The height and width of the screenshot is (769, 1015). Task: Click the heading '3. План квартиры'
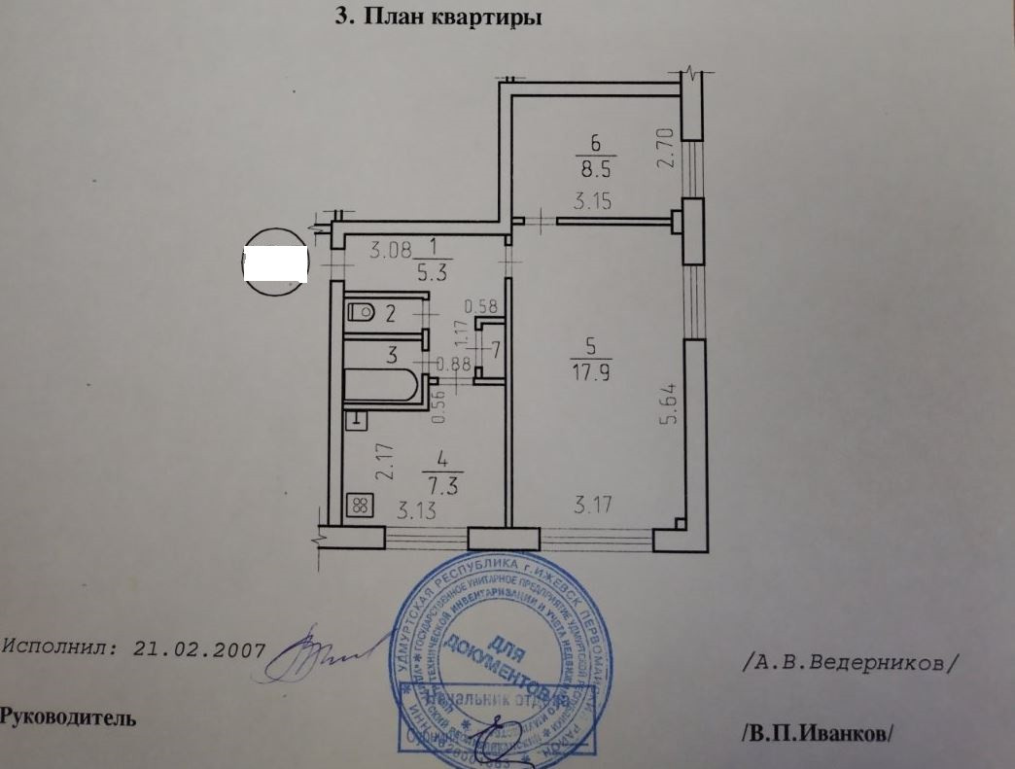click(x=437, y=17)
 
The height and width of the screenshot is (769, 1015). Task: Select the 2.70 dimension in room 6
click(x=666, y=147)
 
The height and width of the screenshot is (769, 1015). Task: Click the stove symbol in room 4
click(x=360, y=505)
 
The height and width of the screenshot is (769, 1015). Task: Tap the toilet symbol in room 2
click(x=361, y=312)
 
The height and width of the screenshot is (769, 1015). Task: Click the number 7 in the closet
click(x=495, y=350)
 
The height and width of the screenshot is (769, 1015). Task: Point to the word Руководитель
click(x=68, y=718)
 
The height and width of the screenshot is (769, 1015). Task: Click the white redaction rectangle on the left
click(x=275, y=263)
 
